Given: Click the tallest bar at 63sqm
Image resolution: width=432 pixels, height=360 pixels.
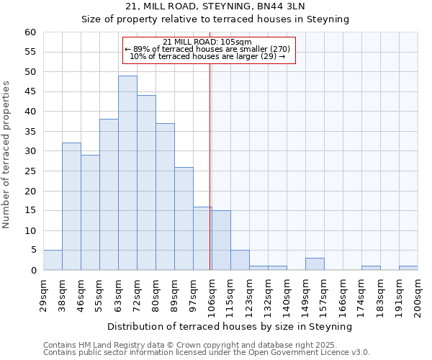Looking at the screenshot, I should (127, 173).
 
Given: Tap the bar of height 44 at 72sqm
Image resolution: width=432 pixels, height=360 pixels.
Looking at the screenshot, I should (146, 183).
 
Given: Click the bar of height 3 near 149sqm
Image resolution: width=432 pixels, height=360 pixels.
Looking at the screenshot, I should (315, 264).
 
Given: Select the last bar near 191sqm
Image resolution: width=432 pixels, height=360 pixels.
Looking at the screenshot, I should (408, 268).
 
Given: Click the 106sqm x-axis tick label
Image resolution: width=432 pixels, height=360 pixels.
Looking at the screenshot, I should (212, 294).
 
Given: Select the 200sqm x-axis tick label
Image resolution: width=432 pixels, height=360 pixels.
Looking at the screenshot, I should (418, 294).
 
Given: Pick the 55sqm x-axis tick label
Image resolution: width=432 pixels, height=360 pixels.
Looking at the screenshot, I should (99, 294).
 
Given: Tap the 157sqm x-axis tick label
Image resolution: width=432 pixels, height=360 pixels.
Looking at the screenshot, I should (324, 294).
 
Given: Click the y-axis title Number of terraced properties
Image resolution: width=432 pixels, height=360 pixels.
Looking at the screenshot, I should (6, 154).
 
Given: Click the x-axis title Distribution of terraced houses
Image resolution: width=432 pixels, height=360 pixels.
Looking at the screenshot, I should (230, 326).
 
